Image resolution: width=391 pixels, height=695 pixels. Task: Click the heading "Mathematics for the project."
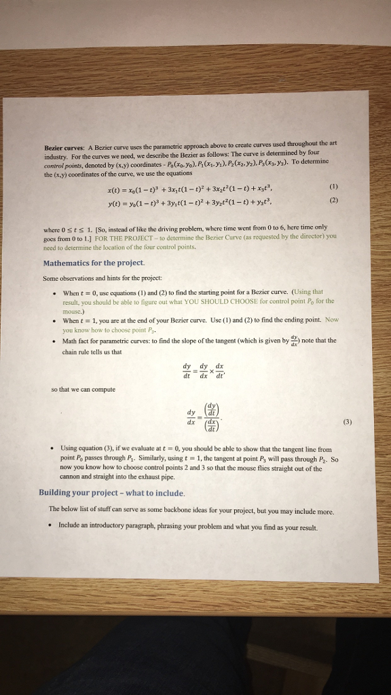tap(94, 263)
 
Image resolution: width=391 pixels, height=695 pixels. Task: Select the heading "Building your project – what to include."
tap(112, 493)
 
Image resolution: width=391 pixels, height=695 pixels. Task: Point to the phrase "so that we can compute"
tap(83, 390)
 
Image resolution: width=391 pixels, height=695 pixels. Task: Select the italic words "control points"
tap(63, 164)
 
